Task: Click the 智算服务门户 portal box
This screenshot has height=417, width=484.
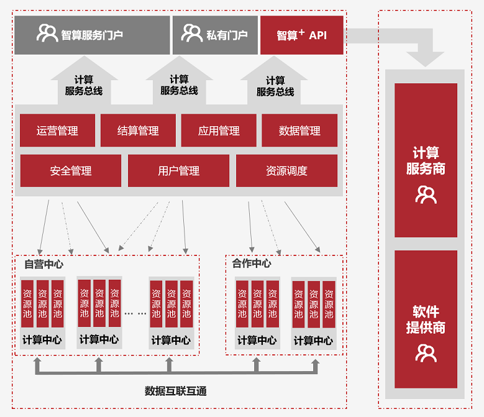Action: (x=91, y=35)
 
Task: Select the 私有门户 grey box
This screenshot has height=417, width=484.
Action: (x=215, y=35)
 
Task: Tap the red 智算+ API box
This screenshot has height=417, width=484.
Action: (x=302, y=35)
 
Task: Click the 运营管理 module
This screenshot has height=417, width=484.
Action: (x=57, y=131)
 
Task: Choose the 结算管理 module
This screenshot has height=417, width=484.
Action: (x=138, y=131)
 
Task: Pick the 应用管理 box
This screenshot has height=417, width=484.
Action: (x=219, y=131)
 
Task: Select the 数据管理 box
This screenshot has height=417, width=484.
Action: (x=299, y=131)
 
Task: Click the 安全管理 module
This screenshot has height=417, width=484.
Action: (x=71, y=171)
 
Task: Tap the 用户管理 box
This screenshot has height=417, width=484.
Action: (x=179, y=171)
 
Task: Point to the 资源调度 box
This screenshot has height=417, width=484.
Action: (x=286, y=171)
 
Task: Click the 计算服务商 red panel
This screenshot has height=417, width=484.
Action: (x=426, y=160)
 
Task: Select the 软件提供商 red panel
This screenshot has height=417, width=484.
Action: (x=426, y=328)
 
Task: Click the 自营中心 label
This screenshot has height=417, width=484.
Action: (x=43, y=264)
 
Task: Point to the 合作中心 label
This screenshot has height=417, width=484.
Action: (x=252, y=263)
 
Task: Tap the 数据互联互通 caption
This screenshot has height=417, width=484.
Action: (x=175, y=391)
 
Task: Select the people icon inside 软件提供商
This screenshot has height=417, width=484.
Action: (x=426, y=354)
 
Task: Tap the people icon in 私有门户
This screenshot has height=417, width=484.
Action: (x=192, y=33)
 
